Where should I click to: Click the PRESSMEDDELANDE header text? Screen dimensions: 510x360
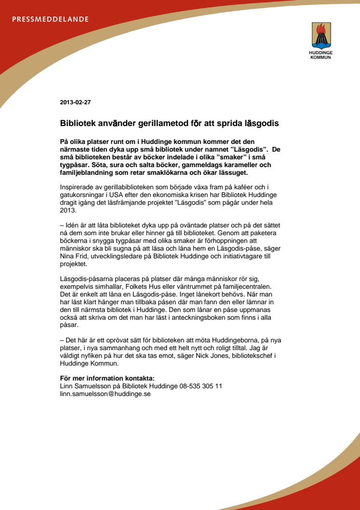point(51,20)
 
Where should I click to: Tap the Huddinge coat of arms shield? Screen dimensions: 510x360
point(320,35)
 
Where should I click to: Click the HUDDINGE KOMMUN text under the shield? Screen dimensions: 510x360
point(320,55)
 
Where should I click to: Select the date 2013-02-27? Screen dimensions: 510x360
point(75,102)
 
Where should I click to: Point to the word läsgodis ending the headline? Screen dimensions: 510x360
point(261,124)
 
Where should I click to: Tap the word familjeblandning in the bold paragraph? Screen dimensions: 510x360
point(86,173)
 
